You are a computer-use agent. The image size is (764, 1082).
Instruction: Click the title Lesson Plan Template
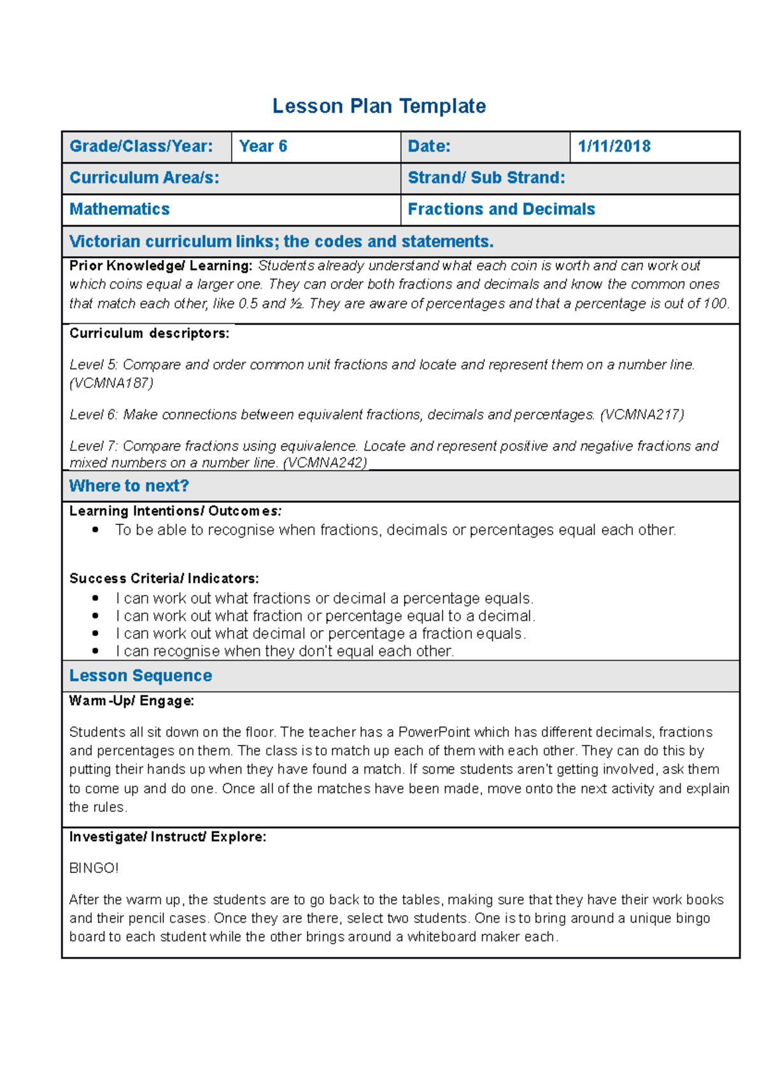click(379, 106)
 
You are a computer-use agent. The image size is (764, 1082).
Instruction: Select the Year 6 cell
click(263, 147)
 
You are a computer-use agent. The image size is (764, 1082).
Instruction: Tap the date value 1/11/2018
click(614, 147)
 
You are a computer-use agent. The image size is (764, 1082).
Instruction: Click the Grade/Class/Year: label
click(141, 147)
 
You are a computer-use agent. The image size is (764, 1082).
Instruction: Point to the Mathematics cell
click(120, 210)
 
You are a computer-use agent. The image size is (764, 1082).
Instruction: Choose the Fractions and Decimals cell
click(501, 210)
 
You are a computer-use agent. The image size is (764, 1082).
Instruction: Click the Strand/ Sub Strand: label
click(486, 178)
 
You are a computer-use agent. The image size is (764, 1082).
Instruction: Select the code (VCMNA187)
click(111, 383)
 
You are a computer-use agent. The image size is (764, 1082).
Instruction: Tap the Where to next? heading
click(129, 486)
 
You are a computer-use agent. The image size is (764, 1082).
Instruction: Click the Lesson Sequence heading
click(141, 676)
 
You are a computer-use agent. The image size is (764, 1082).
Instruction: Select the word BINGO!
click(94, 869)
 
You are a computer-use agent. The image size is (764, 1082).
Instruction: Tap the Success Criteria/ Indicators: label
click(164, 579)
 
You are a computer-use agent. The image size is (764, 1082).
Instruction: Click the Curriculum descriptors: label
click(150, 333)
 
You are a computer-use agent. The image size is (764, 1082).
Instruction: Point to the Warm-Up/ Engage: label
click(132, 701)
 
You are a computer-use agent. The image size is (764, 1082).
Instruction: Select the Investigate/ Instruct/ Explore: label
click(168, 837)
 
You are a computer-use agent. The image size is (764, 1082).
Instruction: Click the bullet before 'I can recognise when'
click(95, 651)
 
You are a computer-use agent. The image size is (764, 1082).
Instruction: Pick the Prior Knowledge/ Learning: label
click(161, 266)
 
